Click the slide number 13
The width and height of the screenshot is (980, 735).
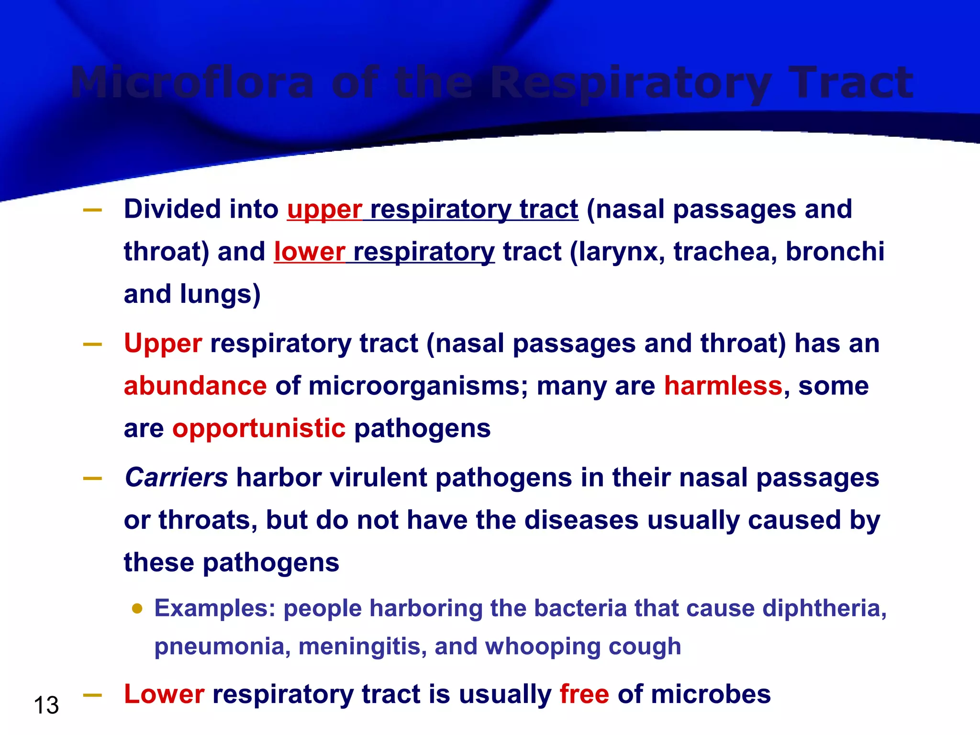[x=46, y=705]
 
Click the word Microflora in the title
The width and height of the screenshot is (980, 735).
[x=191, y=83]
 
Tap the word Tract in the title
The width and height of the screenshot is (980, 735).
[x=851, y=83]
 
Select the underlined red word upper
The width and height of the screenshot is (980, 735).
[x=324, y=210]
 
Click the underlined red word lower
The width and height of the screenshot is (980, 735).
[x=309, y=252]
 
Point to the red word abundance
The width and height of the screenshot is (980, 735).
[x=195, y=386]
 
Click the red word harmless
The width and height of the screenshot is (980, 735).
[x=723, y=386]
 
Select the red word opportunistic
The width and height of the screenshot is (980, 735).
[x=259, y=428]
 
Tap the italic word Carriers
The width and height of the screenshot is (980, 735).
[x=176, y=478]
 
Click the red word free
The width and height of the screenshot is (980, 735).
[x=584, y=694]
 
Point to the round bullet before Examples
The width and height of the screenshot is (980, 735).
[x=137, y=609]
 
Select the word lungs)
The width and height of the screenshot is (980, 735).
[x=220, y=294]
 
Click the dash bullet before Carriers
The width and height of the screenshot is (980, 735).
[x=92, y=479]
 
